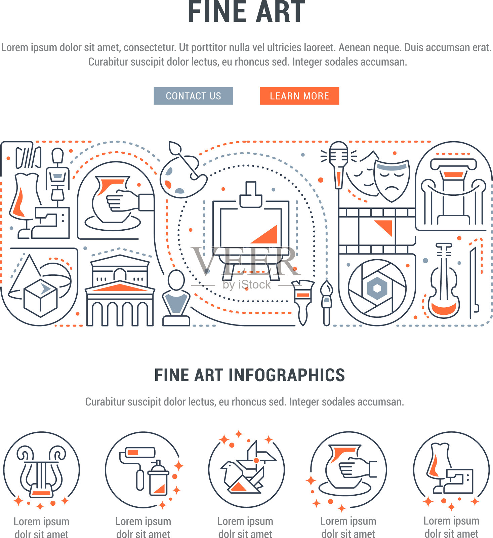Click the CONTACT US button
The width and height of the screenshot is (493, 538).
point(193,96)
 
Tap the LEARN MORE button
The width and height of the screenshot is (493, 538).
point(299,96)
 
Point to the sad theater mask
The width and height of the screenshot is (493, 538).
point(392,180)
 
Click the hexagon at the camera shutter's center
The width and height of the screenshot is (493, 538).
point(377,288)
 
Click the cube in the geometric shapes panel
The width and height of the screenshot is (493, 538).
point(41,298)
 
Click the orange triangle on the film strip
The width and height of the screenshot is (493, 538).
point(384,227)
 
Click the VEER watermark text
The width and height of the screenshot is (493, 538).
point(245,261)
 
